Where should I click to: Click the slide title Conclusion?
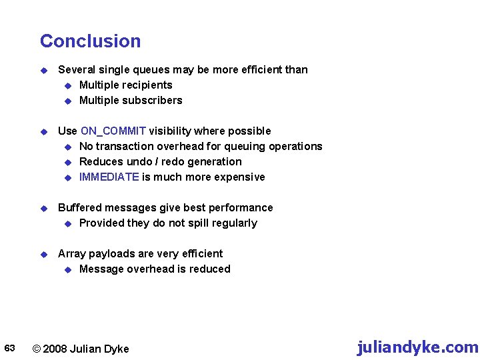90,41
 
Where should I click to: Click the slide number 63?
10,348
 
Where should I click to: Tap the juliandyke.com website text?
417,347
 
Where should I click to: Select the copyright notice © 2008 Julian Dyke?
81,349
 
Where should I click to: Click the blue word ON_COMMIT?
113,131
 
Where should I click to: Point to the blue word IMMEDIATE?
109,177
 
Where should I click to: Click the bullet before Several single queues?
44,70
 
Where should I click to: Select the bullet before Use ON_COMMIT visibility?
44,131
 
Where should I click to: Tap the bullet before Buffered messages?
44,208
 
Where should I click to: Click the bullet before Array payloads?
44,254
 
